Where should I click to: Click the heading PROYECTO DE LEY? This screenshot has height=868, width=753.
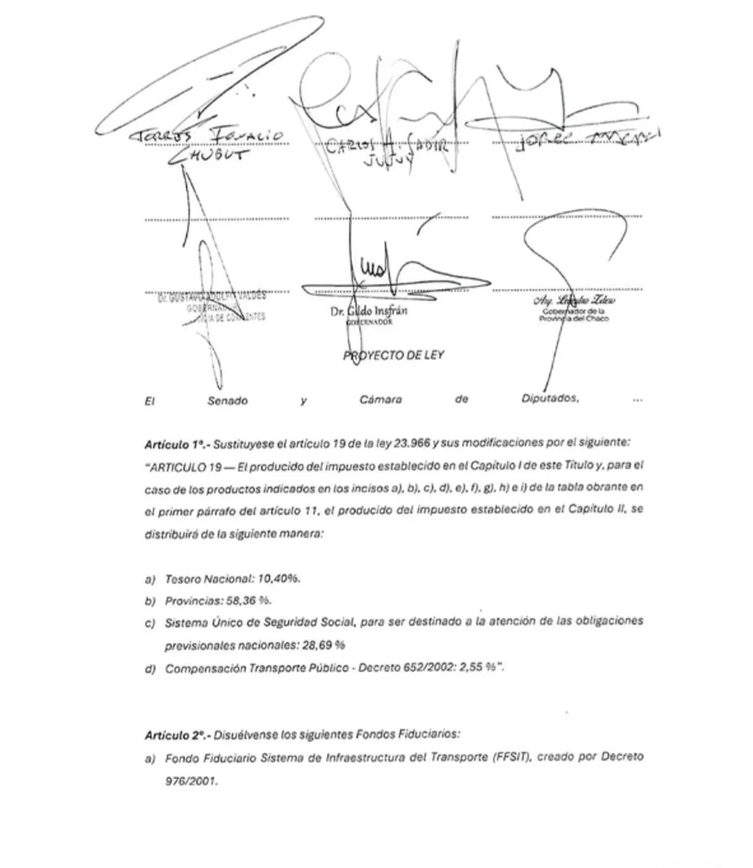pyautogui.click(x=393, y=355)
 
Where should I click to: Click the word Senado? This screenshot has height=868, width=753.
pyautogui.click(x=227, y=400)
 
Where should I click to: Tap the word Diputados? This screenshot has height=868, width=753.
pyautogui.click(x=550, y=399)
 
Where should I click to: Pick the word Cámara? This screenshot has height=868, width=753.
pyautogui.click(x=381, y=399)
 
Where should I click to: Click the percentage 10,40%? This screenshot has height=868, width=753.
pyautogui.click(x=279, y=578)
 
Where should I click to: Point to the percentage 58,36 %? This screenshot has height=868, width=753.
pyautogui.click(x=248, y=601)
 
